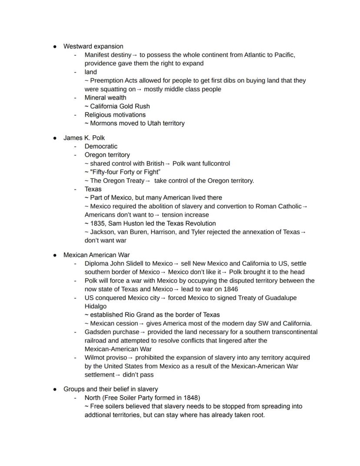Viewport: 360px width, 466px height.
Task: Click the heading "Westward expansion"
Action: click(93, 46)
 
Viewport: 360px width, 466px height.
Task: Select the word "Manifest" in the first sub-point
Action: click(97, 55)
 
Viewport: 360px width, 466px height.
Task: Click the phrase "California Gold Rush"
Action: click(120, 106)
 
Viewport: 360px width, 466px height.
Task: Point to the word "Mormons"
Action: click(103, 123)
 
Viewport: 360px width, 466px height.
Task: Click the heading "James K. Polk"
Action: click(84, 137)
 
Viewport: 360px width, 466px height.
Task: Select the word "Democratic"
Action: click(101, 146)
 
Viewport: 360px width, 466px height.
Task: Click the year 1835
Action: click(97, 223)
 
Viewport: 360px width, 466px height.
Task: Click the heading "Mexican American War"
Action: click(97, 255)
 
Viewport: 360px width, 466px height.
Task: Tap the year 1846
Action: click(230, 289)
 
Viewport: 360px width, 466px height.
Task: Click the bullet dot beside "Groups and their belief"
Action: click(55, 389)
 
